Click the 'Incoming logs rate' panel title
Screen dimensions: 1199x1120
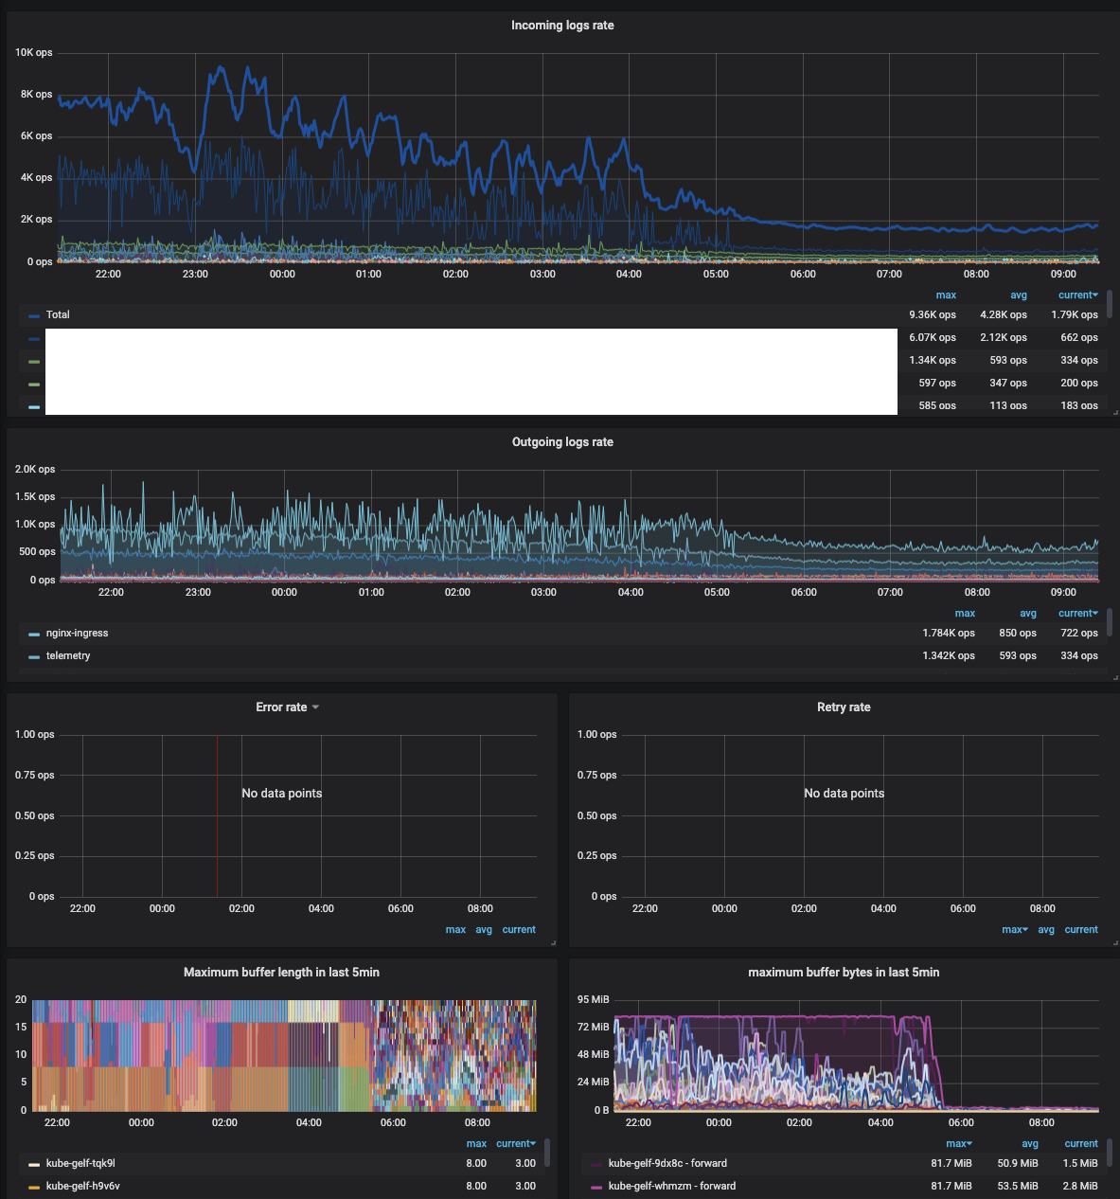[x=562, y=26]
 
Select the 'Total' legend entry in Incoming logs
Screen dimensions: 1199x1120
[x=58, y=314]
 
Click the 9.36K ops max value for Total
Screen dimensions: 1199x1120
[x=932, y=314]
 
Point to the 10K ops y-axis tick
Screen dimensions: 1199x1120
[x=33, y=53]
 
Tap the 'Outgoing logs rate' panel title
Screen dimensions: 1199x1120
[x=562, y=442]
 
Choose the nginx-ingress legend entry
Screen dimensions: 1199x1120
[x=77, y=633]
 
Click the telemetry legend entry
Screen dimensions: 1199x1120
[x=68, y=655]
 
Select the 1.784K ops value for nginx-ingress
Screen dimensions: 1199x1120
[x=948, y=633]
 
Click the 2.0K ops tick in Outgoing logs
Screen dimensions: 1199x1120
[x=35, y=470]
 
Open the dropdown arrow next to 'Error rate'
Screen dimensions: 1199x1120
[x=315, y=707]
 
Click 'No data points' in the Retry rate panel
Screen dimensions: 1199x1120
[x=844, y=793]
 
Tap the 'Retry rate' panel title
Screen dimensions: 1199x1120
[x=844, y=707]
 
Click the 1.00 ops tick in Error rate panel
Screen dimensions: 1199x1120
[x=35, y=735]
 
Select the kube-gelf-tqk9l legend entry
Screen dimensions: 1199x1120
[x=80, y=1163]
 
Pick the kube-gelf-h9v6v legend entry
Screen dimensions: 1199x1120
[x=82, y=1186]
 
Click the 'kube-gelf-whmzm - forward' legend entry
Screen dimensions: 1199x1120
[x=671, y=1186]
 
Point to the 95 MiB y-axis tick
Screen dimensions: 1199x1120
[x=594, y=999]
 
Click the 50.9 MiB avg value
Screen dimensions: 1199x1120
[x=1017, y=1163]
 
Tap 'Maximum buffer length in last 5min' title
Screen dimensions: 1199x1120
[x=281, y=973]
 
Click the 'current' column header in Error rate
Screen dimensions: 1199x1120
[x=519, y=930]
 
